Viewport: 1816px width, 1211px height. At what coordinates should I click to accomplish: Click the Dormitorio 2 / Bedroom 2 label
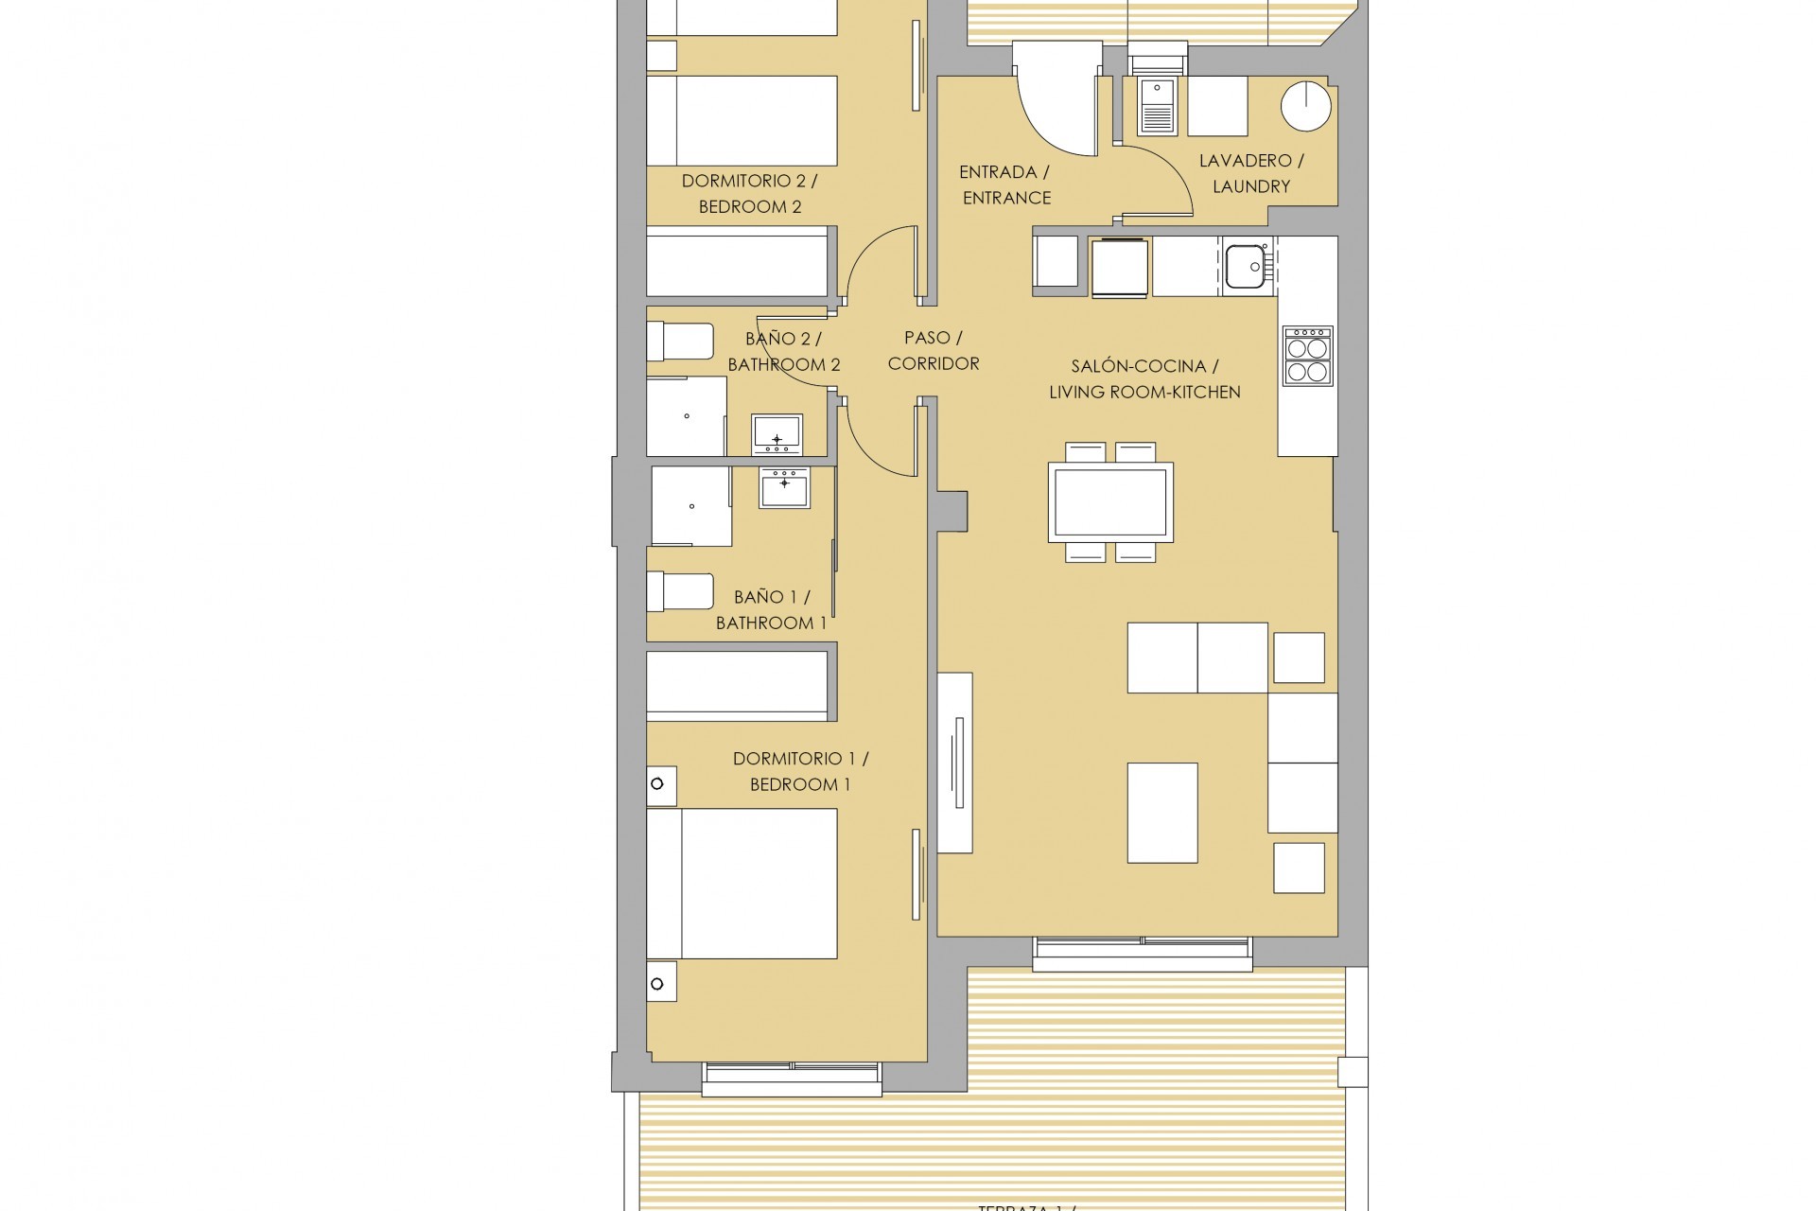749,193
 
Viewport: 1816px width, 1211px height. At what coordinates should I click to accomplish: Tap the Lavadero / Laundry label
1250,173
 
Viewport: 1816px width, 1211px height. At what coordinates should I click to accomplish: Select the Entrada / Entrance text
1004,184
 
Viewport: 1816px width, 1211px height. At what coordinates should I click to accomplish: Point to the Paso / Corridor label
933,350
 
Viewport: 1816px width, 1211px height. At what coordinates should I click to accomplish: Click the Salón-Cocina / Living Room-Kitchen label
1144,378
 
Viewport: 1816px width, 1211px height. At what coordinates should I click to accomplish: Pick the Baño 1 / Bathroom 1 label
771,609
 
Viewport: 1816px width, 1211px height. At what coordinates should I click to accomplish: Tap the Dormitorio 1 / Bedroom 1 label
800,771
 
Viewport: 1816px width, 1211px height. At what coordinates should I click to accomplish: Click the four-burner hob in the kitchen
1307,356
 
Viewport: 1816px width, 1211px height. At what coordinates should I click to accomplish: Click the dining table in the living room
1110,502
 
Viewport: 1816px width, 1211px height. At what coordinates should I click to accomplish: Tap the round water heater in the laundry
1305,104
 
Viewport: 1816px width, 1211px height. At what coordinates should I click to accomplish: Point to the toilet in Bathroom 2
679,342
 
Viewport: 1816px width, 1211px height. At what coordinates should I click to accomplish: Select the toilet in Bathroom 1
679,591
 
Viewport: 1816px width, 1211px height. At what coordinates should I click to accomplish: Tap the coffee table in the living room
1162,813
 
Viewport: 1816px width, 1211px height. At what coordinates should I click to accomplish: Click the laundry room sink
1156,107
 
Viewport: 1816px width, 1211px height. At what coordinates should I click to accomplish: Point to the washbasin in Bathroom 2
777,434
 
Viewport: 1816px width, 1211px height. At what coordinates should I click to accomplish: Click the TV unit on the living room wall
954,763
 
